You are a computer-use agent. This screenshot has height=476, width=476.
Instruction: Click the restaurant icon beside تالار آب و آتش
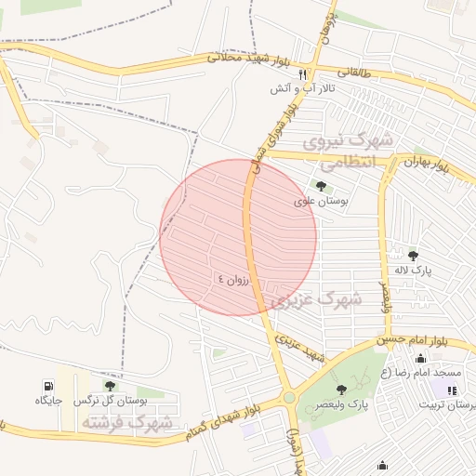coord(302,74)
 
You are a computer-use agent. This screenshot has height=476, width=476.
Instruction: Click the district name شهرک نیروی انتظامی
coord(350,150)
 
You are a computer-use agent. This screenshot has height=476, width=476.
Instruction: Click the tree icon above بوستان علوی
coord(321,186)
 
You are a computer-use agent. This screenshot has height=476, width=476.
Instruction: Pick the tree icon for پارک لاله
coord(413,255)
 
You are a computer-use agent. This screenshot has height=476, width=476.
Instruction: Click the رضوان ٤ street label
coord(234,277)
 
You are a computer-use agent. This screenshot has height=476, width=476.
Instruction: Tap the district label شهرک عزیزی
coord(315,300)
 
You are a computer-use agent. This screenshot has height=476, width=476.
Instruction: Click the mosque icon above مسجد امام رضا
coord(421,359)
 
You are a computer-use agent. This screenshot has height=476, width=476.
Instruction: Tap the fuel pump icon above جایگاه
coord(48,385)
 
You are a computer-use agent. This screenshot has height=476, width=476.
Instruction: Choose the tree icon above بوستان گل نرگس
coord(111,385)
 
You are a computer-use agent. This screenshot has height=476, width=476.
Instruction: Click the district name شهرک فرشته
coord(126,423)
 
